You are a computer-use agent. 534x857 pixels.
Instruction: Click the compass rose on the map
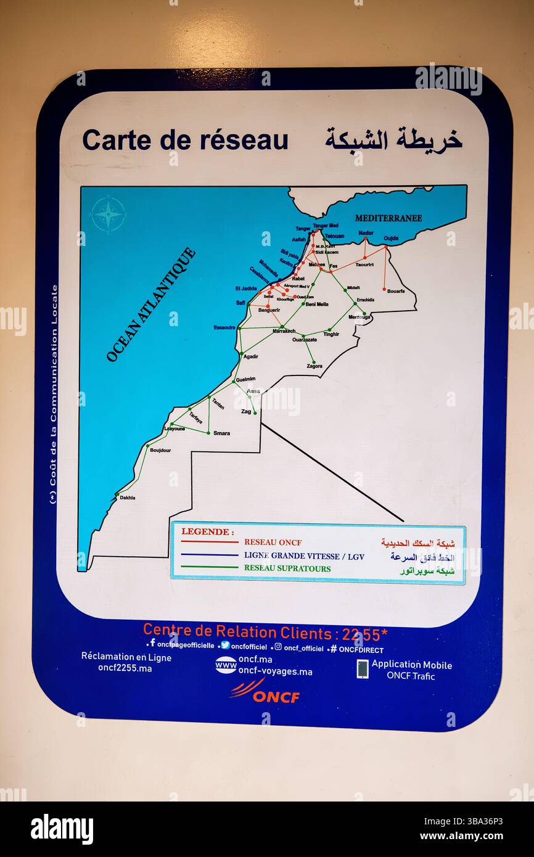109,214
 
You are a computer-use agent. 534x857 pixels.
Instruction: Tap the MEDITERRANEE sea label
388,218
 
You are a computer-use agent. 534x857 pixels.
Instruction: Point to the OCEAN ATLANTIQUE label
151,305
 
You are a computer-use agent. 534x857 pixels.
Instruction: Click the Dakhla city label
128,498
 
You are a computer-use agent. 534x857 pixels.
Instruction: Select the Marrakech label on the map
284,332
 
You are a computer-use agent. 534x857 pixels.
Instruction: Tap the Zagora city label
314,366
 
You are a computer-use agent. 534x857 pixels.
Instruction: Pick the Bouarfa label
396,291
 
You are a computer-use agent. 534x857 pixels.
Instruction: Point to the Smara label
221,433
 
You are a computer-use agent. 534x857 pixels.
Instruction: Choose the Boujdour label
160,451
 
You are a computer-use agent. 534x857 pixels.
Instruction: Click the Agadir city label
250,356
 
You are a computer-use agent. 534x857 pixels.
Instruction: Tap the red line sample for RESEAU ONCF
210,543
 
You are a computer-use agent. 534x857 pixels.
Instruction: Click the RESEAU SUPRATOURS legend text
287,568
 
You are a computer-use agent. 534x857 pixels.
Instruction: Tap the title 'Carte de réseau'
185,140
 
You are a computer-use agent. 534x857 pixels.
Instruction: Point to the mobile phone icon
363,669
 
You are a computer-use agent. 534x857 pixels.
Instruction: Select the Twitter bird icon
225,646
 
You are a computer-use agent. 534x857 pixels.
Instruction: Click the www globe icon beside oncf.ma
226,665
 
